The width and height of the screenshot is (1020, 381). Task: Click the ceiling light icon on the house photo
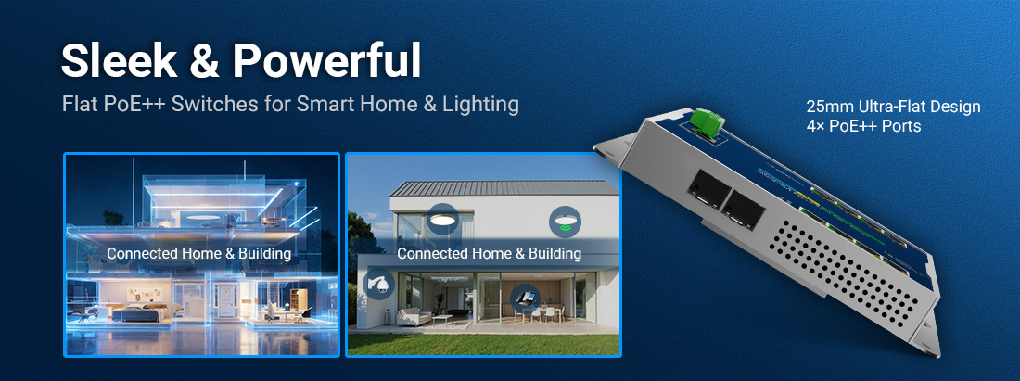pos(442,219)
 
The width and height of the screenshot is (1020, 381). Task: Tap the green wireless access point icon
pos(563,222)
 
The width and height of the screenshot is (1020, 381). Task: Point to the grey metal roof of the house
pos(501,187)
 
